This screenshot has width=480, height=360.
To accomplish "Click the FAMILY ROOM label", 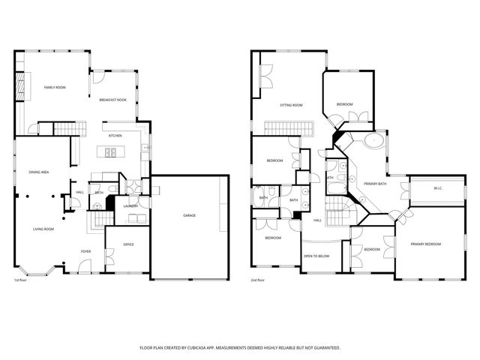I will (55, 88).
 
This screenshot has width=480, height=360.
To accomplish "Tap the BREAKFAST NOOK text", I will (112, 100).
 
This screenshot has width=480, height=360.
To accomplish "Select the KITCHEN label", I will (115, 136).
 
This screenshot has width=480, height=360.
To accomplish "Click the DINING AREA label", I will (39, 172).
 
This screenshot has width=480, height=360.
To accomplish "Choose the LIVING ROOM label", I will (42, 229).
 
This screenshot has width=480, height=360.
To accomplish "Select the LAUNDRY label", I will (130, 205).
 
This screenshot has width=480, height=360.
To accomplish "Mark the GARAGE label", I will (190, 215).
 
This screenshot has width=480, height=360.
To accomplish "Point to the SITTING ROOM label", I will (291, 105).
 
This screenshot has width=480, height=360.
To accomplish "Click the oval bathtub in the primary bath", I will (373, 140).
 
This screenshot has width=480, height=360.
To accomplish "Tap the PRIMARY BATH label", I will (375, 184).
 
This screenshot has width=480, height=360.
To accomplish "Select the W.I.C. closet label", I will (437, 188).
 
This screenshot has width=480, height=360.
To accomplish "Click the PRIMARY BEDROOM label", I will (425, 244).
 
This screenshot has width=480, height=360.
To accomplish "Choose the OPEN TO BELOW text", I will (316, 256).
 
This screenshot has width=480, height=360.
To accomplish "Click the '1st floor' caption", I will (21, 280).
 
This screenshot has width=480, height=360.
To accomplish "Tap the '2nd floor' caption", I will (259, 280).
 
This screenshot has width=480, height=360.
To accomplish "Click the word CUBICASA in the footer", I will (205, 348).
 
